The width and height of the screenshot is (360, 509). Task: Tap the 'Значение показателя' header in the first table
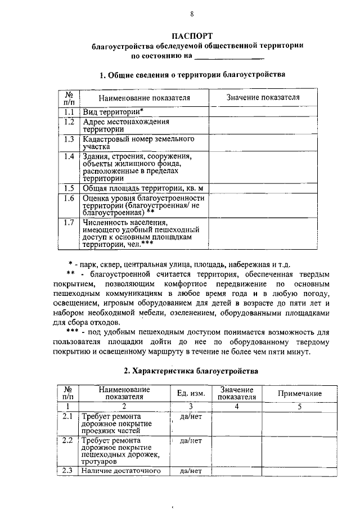coord(263,98)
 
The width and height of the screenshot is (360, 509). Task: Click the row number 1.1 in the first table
coord(69,112)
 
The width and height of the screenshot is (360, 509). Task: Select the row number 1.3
coord(69,138)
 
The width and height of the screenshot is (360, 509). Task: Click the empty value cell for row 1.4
coord(263,167)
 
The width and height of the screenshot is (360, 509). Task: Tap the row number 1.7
coord(69,223)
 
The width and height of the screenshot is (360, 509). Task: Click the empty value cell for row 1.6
coord(263,205)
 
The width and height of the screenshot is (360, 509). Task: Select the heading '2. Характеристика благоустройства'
coord(191,371)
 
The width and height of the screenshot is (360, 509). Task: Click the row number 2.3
coord(69,471)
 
